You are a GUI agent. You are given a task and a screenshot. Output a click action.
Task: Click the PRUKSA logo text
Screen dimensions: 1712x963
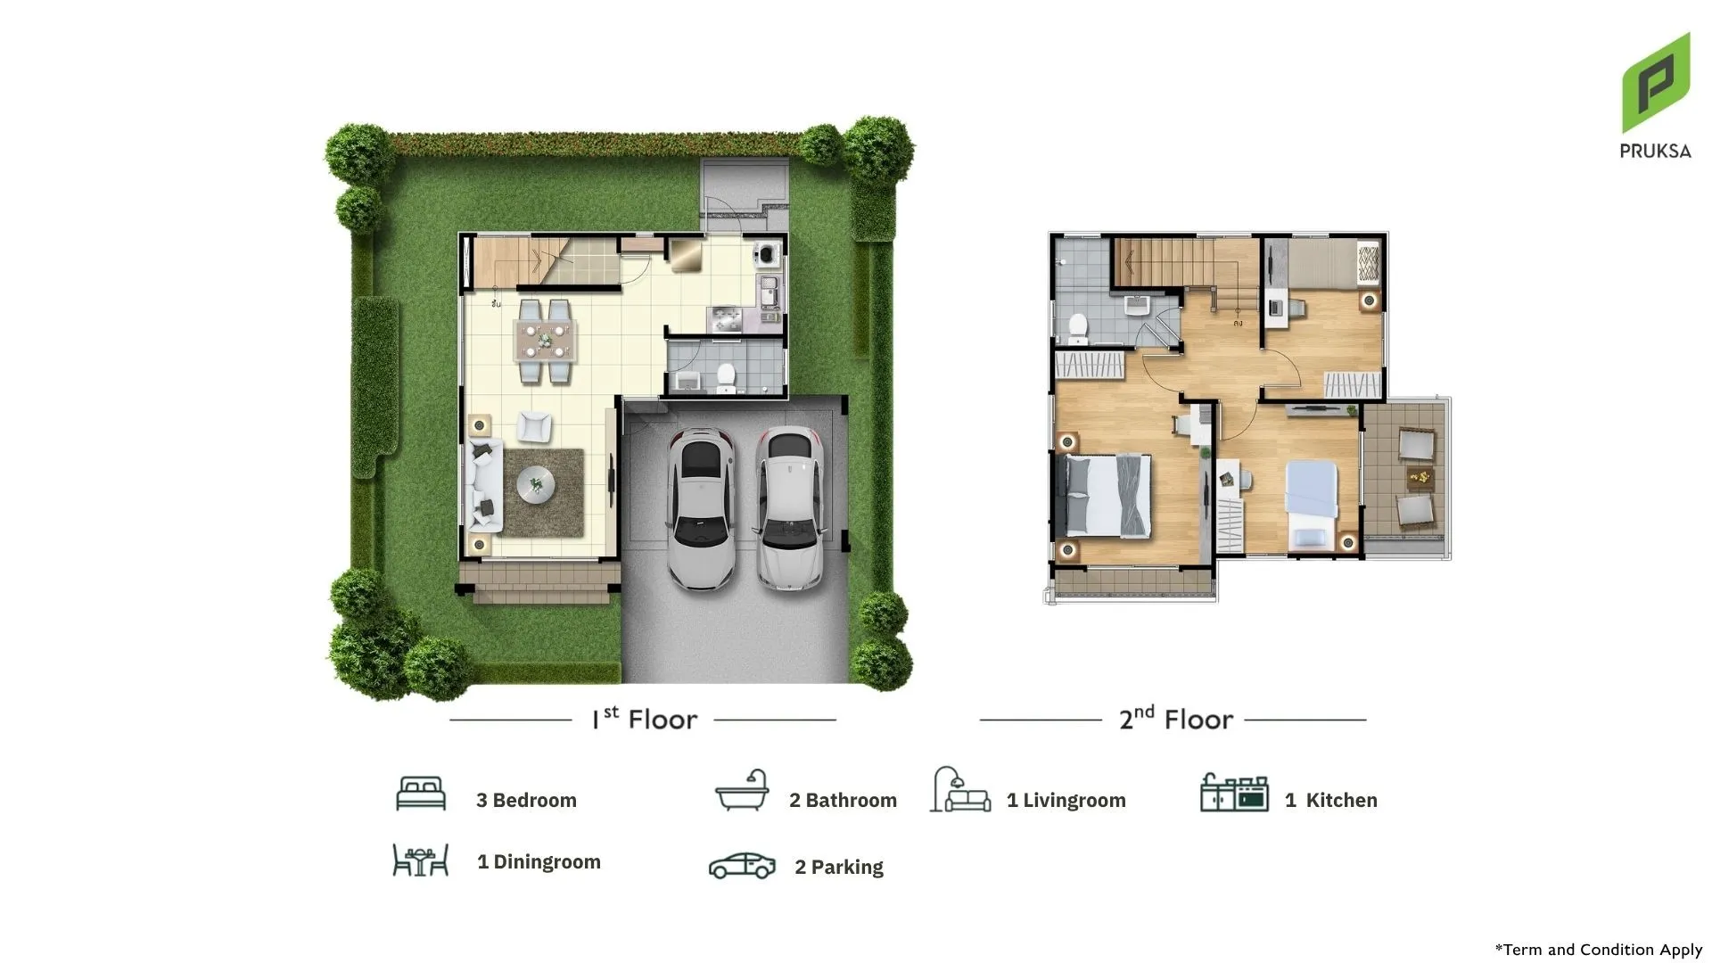[1655, 151]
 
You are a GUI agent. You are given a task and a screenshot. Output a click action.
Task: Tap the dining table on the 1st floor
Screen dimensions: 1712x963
[545, 340]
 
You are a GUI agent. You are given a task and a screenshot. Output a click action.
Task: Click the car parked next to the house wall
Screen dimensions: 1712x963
[702, 509]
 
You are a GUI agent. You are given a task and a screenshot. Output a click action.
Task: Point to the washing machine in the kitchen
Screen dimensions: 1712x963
[767, 254]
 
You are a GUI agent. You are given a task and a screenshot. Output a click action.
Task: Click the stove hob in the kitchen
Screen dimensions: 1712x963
[724, 319]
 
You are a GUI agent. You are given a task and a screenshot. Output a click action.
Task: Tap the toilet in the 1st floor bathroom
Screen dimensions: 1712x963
[727, 378]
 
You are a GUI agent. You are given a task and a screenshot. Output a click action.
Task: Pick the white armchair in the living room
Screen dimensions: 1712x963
[534, 426]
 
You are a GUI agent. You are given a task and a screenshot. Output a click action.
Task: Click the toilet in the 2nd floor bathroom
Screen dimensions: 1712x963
[1078, 328]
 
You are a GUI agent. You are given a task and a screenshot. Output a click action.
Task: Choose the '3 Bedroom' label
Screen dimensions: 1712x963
[526, 800]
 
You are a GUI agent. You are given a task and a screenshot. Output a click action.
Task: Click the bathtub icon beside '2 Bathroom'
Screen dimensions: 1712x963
[742, 790]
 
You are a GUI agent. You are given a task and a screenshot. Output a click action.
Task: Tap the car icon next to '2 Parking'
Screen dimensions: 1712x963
[742, 866]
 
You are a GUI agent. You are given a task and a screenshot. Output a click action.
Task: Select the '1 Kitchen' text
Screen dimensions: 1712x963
[1330, 800]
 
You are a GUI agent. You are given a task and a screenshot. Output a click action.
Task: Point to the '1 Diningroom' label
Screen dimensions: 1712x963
[539, 861]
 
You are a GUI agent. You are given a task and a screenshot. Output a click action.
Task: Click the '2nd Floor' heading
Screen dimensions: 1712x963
[1176, 718]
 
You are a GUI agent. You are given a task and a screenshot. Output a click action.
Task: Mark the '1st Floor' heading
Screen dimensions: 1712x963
[644, 718]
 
